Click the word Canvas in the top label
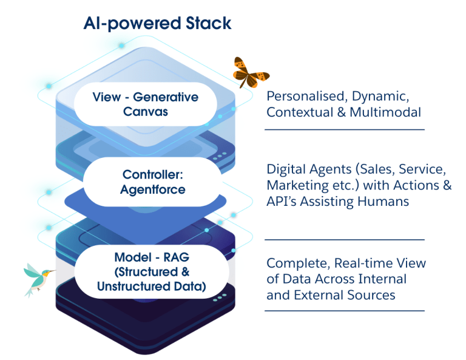click(x=146, y=111)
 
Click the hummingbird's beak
click(x=53, y=271)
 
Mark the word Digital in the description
click(x=285, y=169)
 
